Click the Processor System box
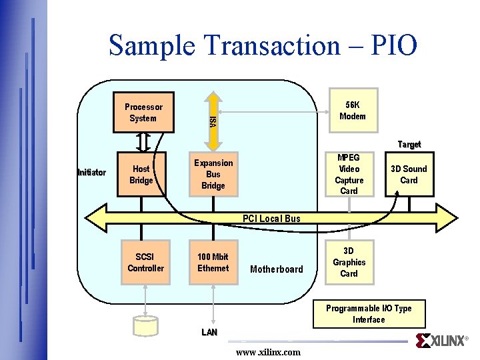pos(143,113)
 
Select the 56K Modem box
pos(352,111)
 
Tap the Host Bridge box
pos(141,175)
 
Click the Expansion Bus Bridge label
pos(213,174)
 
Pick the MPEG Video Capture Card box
pos(349,175)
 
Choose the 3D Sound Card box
pos(409,175)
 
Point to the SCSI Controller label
pos(145,263)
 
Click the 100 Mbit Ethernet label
pos(213,263)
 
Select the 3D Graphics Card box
pos(349,262)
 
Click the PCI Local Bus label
pos(271,219)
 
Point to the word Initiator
pos(91,173)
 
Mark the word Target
pos(409,145)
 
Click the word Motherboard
pos(276,269)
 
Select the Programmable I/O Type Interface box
pos(369,314)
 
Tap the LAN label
pos(209,332)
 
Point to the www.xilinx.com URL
pos(268,352)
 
